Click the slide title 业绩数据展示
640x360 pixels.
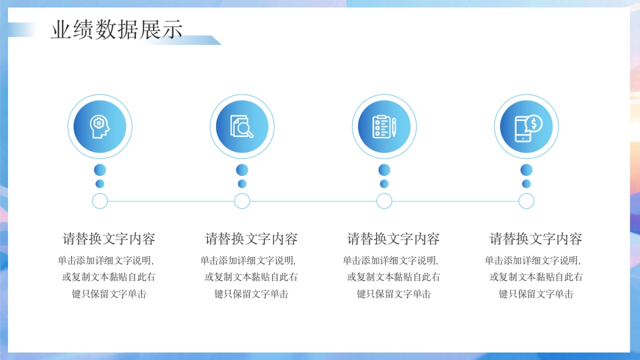[117, 30]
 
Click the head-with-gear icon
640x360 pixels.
[100, 127]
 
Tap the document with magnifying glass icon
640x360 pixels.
[242, 127]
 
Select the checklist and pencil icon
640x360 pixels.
[384, 127]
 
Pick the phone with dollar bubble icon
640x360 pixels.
[526, 127]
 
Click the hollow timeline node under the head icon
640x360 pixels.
[100, 201]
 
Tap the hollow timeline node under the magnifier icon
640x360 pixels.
[242, 201]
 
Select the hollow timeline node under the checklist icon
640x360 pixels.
[384, 201]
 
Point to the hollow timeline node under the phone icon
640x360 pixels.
[526, 201]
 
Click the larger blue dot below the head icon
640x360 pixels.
[100, 170]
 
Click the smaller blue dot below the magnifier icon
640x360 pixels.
[242, 184]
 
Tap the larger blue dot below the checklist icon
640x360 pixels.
[384, 170]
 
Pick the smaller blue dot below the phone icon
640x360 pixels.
[526, 184]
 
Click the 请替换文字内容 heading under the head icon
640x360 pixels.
[109, 239]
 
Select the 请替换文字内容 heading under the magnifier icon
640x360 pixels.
[251, 239]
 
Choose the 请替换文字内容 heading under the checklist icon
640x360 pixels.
[394, 239]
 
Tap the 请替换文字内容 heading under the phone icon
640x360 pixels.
[536, 239]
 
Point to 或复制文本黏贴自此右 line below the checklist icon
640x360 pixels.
[394, 277]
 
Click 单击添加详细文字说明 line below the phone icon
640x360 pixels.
[532, 261]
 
